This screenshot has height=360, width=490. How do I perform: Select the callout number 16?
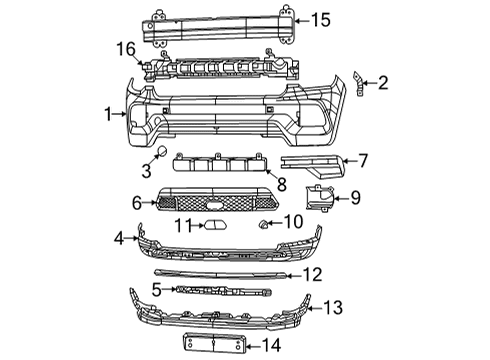(125, 48)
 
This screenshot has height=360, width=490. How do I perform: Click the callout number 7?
(363, 158)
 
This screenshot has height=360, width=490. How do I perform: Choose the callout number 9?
(355, 197)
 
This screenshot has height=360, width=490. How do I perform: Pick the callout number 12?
(314, 273)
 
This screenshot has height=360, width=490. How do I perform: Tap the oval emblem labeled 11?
(216, 225)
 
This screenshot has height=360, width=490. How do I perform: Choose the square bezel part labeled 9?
(322, 198)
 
